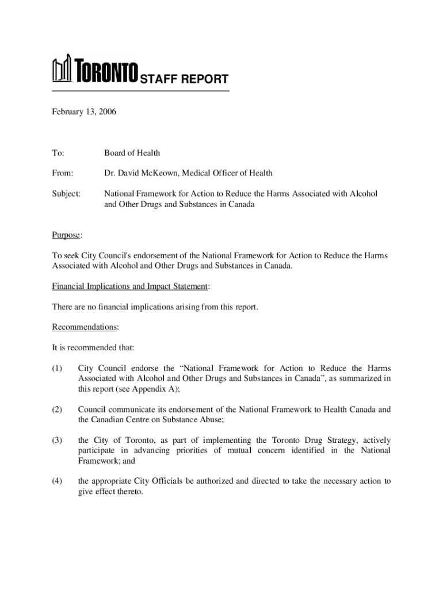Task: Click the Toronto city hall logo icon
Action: [x=62, y=70]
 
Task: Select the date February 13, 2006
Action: [x=84, y=112]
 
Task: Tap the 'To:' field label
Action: [x=59, y=152]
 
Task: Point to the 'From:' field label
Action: [x=63, y=173]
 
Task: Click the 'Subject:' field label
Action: [x=67, y=193]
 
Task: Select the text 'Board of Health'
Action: [x=132, y=152]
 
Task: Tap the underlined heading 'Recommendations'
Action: [x=85, y=327]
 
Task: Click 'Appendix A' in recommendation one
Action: [x=155, y=389]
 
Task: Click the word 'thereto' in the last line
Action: [x=127, y=492]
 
